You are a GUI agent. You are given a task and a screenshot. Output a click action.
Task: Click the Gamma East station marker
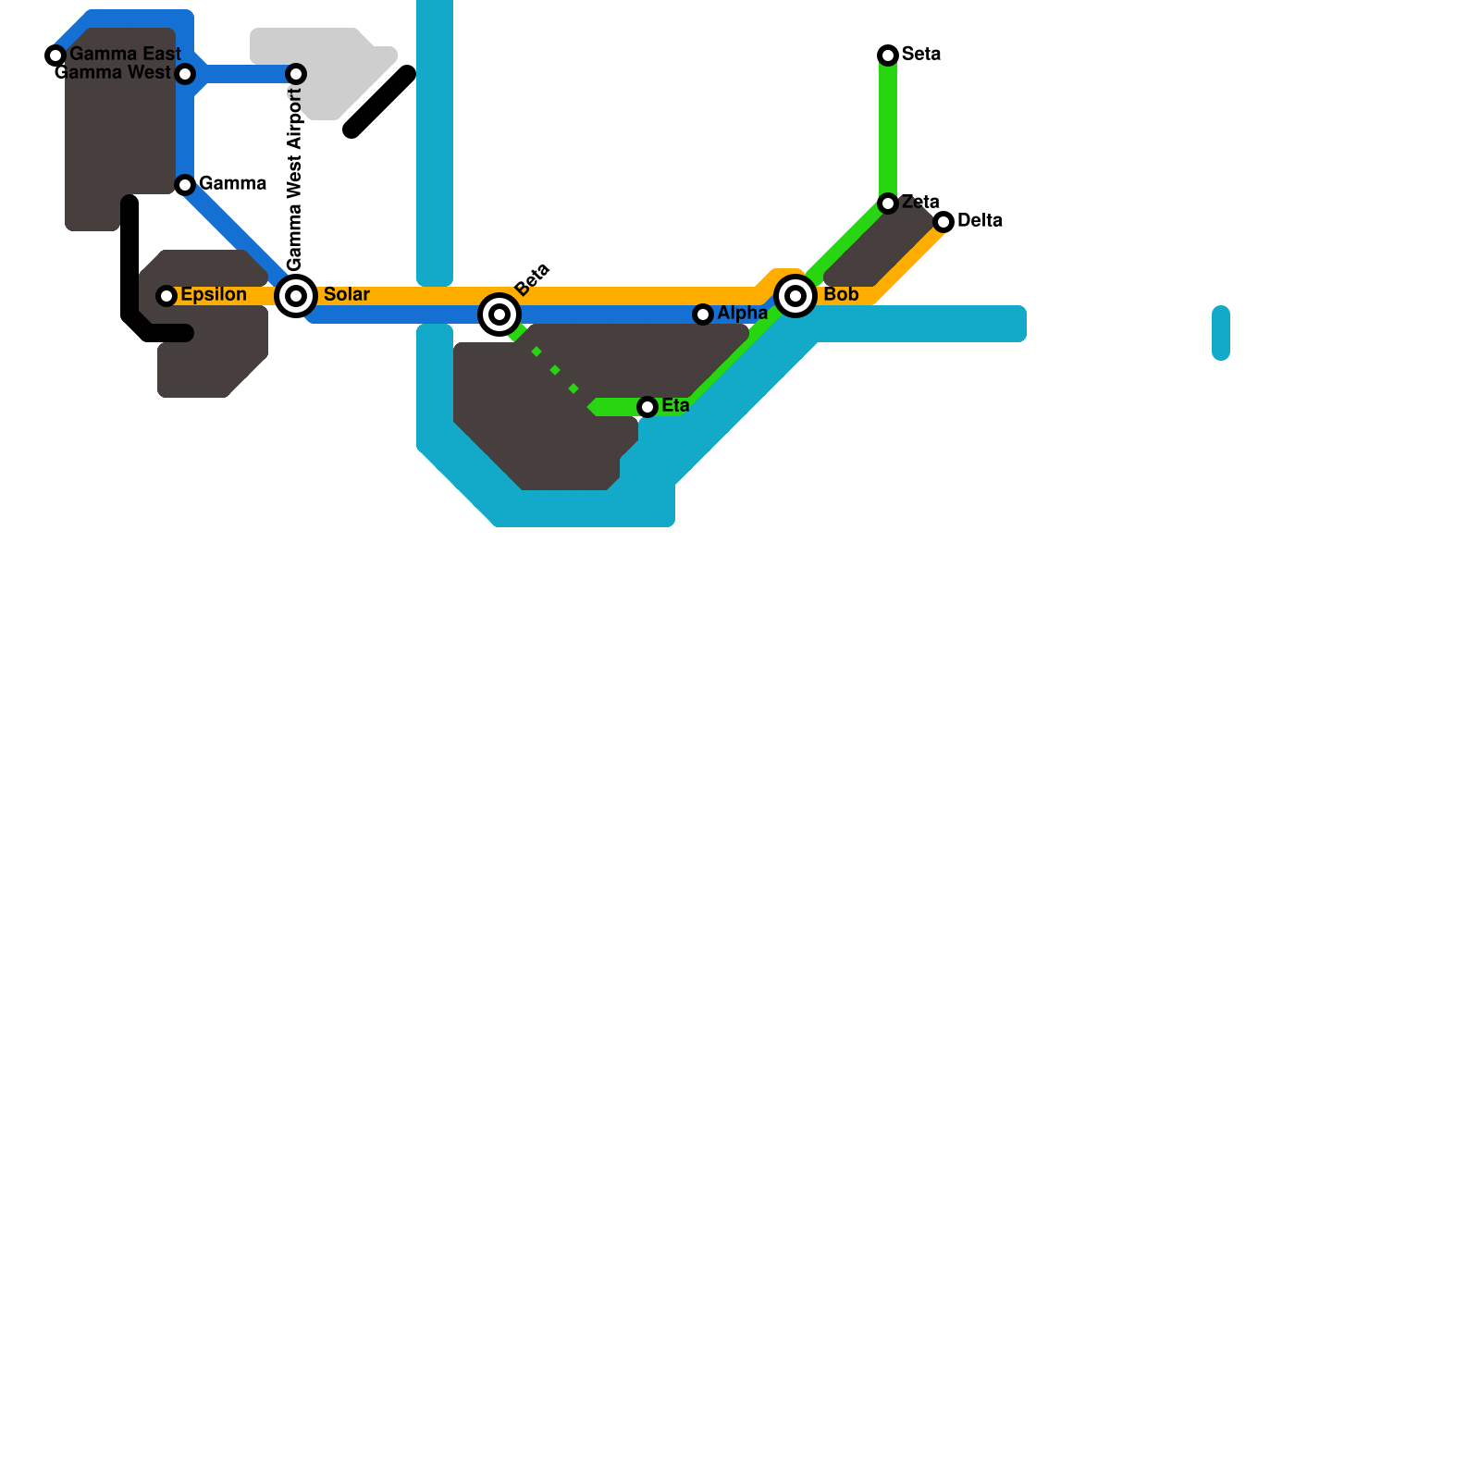click(55, 55)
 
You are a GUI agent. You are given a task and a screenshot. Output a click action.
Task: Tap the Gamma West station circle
click(185, 74)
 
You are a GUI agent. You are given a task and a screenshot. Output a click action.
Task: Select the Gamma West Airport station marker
click(296, 74)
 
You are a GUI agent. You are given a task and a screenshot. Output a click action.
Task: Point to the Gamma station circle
click(185, 185)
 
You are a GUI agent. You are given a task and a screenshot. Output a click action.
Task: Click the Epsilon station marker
click(166, 296)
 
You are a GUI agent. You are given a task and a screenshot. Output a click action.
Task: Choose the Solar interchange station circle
click(296, 296)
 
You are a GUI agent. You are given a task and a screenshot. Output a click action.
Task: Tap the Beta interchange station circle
click(499, 314)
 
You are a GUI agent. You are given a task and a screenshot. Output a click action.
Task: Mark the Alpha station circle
click(703, 314)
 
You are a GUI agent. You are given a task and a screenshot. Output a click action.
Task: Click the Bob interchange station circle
click(795, 296)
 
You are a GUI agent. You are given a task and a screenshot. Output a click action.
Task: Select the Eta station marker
click(647, 407)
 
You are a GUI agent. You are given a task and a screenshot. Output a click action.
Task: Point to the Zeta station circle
click(888, 203)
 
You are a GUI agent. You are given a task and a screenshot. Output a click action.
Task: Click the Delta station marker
click(943, 222)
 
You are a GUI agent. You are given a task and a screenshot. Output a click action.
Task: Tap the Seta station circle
click(888, 55)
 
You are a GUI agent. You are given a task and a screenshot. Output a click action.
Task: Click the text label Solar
click(347, 295)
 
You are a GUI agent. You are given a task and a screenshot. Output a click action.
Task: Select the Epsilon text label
click(214, 295)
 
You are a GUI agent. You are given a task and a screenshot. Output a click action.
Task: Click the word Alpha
click(742, 314)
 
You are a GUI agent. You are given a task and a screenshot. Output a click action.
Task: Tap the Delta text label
click(980, 221)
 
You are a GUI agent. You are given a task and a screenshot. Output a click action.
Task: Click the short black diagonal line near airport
click(379, 102)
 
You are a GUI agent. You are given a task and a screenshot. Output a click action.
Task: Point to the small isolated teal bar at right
click(1221, 333)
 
